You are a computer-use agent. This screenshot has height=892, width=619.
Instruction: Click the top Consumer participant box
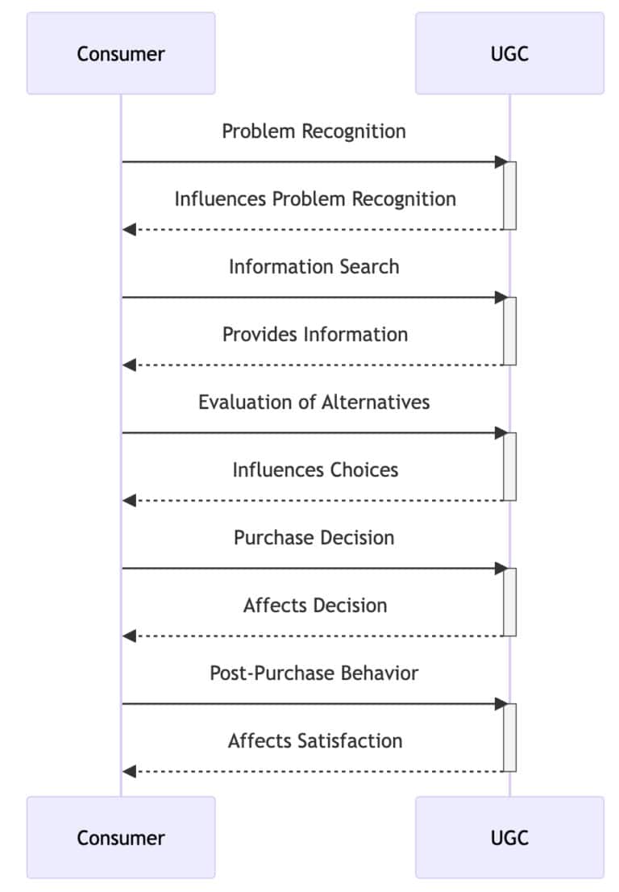pos(121,54)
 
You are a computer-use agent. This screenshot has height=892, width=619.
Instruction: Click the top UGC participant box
pos(509,54)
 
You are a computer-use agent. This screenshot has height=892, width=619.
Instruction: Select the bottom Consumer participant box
pos(121,837)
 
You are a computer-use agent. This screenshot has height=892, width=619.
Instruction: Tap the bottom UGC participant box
pos(509,837)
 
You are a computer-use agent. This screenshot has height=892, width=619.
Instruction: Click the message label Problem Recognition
pos(314,131)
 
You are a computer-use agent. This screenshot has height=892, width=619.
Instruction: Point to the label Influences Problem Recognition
pos(315,198)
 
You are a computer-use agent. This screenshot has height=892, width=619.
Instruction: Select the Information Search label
pos(314,266)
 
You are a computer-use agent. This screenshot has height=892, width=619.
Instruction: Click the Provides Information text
pos(315,334)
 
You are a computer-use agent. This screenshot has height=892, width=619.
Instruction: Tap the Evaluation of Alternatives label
pos(314,402)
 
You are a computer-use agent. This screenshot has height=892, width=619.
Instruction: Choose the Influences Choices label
pos(315,469)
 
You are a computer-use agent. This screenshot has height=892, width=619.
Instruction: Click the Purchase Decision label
pos(314,537)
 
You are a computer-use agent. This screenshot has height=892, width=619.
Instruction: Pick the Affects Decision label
pos(315,605)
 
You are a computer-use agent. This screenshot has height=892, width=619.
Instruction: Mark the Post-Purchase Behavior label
pos(314,673)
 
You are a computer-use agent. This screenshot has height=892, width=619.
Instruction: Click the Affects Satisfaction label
pos(315,740)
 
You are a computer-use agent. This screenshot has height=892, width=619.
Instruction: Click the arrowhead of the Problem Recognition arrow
pos(499,162)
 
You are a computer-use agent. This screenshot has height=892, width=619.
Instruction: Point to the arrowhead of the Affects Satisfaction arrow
pos(128,772)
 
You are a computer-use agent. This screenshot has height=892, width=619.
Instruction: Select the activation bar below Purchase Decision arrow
pos(509,602)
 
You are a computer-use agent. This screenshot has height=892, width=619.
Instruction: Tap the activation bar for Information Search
pos(509,331)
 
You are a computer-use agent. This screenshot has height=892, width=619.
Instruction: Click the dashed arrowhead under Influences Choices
pos(128,501)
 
